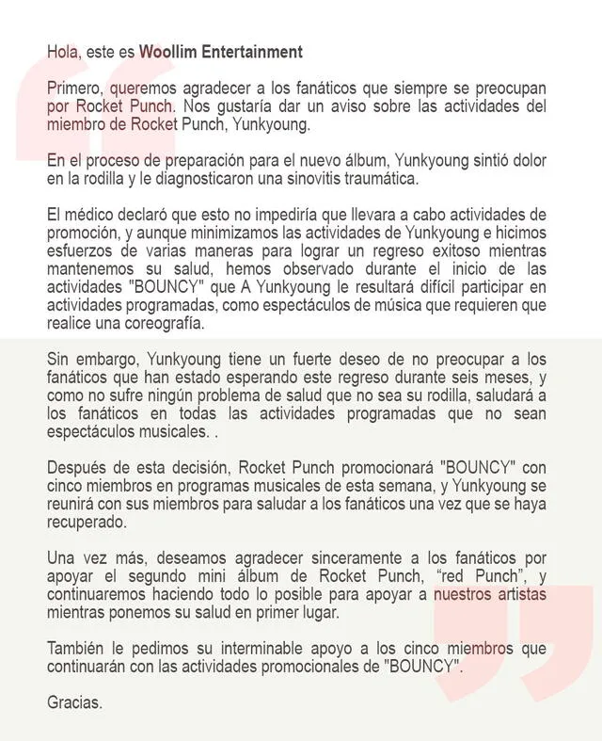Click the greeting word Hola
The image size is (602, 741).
coord(61,51)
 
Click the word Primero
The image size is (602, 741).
coord(75,88)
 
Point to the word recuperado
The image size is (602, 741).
coord(87,522)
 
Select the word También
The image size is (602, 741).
coord(78,649)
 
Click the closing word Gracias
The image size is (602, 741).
coord(74,702)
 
